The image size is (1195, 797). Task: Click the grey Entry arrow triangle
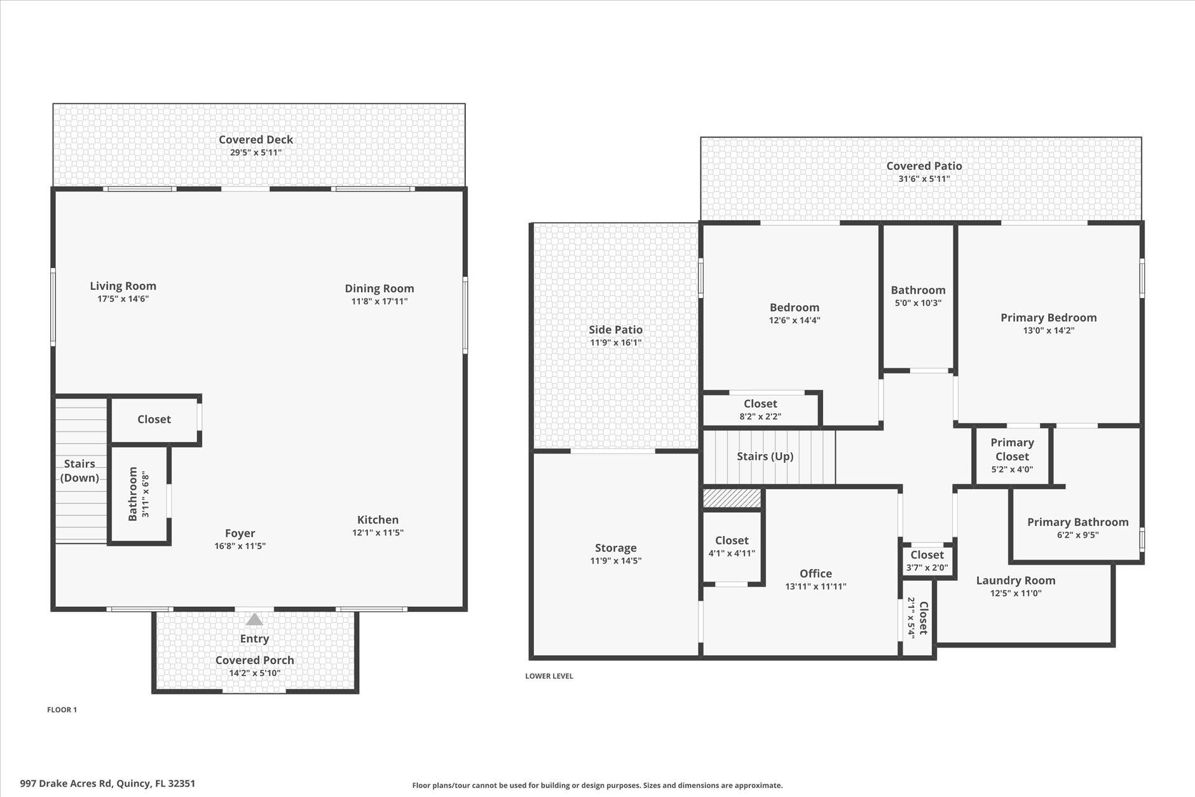(254, 620)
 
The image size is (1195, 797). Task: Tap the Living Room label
(123, 286)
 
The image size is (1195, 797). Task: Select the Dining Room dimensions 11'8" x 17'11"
(379, 301)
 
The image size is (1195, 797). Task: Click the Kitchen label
(378, 520)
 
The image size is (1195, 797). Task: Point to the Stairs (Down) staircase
(81, 470)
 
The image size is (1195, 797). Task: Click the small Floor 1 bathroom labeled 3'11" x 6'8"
(139, 495)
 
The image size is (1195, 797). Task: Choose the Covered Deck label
(256, 139)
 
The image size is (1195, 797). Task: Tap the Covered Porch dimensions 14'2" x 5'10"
(254, 673)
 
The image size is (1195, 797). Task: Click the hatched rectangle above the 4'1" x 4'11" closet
(732, 498)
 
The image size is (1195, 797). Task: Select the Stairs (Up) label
(765, 456)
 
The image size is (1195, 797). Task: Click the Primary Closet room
(1012, 455)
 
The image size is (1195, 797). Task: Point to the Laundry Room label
(1015, 580)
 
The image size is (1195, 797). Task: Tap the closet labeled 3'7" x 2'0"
(927, 561)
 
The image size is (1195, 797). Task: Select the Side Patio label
(615, 329)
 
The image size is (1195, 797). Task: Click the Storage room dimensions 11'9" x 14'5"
(615, 561)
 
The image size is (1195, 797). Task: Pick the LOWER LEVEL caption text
(549, 676)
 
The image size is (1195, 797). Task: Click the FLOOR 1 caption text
(62, 710)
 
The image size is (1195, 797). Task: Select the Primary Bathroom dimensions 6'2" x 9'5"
(1077, 535)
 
